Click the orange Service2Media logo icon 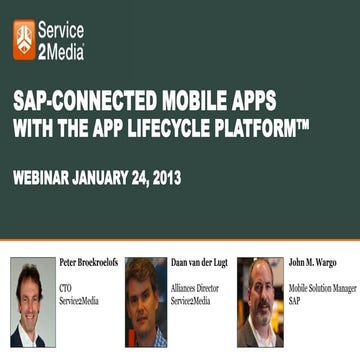(24, 38)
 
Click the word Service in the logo (62, 31)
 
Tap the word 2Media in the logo (61, 50)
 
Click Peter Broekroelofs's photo (32, 302)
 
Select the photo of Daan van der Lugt (146, 302)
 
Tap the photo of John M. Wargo (259, 302)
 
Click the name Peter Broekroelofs (88, 263)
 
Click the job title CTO (66, 286)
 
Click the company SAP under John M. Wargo (295, 299)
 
